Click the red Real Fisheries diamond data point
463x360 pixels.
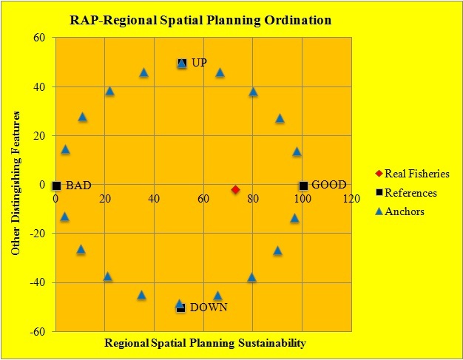(236, 190)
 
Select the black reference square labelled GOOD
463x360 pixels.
(303, 186)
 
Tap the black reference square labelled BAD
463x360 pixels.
(56, 186)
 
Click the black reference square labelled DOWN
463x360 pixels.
(180, 308)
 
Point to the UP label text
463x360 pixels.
(199, 63)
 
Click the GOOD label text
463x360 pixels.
(328, 185)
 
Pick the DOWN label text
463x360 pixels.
(209, 308)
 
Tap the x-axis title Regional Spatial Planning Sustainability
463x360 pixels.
(204, 344)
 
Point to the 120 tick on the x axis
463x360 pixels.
(351, 199)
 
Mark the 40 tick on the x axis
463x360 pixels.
(154, 199)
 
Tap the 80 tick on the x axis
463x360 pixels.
(252, 199)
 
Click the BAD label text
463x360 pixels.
(78, 186)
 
